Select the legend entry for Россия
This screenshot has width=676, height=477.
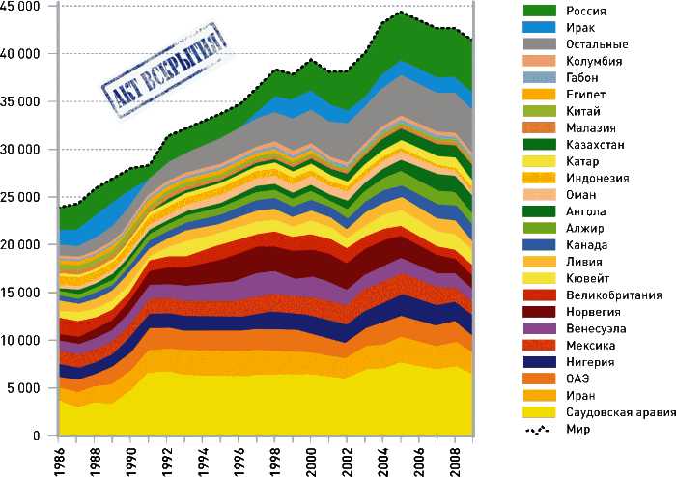pos(585,11)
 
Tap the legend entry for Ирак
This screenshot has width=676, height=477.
pos(579,27)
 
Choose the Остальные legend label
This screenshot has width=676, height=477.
pos(595,44)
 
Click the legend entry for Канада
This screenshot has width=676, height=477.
pos(584,244)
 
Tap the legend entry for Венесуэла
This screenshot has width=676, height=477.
pos(593,328)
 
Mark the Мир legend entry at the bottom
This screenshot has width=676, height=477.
pos(577,429)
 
